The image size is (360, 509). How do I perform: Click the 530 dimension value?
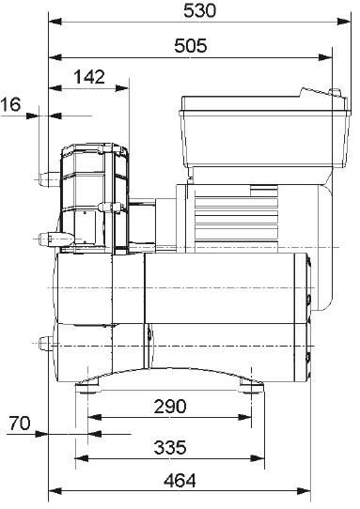coord(199,10)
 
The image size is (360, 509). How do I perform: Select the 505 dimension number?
coord(191,45)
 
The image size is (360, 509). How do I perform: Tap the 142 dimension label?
coord(89,77)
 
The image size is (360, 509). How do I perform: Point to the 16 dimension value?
coord(10,104)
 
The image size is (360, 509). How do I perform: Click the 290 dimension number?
coord(170,406)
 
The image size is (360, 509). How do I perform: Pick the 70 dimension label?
coord(20,423)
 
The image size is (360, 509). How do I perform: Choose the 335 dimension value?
coord(170,447)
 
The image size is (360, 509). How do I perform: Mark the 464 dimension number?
coord(180,481)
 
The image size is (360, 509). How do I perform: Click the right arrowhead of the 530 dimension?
coord(344,22)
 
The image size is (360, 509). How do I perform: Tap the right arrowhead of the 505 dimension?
coord(325,57)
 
